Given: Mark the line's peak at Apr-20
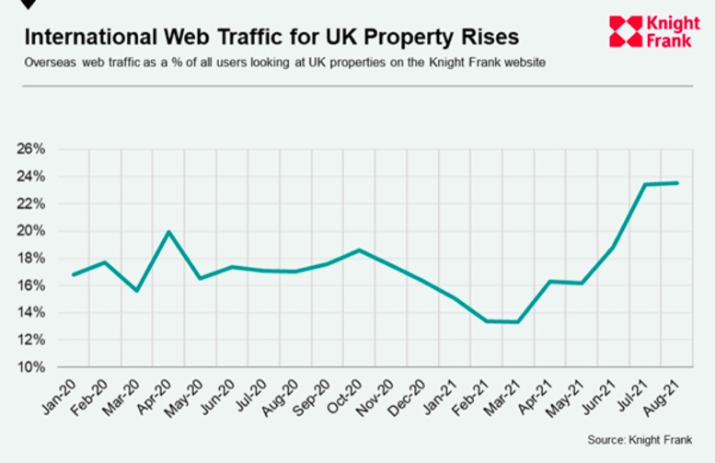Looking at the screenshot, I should pyautogui.click(x=168, y=232).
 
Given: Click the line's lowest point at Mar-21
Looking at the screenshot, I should pyautogui.click(x=519, y=322).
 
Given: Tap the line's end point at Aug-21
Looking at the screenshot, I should pyautogui.click(x=677, y=183).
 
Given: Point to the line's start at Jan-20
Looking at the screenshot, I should pyautogui.click(x=73, y=274).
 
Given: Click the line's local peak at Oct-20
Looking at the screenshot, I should pyautogui.click(x=359, y=249).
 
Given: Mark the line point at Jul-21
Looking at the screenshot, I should pyautogui.click(x=645, y=184).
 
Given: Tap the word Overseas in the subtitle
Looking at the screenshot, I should pyautogui.click(x=49, y=63).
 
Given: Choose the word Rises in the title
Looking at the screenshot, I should pyautogui.click(x=485, y=38).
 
